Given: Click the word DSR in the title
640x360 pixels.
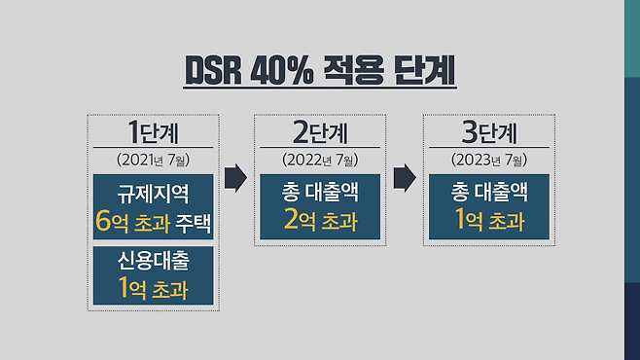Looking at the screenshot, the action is tap(213, 71).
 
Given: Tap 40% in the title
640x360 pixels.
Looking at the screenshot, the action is tap(282, 71).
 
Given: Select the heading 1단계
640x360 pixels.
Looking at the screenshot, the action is tap(153, 131).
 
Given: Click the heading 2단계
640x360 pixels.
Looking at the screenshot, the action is tap(320, 131).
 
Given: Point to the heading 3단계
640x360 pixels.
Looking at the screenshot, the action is tap(489, 131).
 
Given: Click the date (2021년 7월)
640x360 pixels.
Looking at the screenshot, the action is tap(153, 160).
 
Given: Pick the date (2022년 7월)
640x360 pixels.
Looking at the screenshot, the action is tap(320, 160).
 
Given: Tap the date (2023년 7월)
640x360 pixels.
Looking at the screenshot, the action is tap(489, 160).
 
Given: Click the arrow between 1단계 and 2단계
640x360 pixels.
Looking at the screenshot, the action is tap(235, 177).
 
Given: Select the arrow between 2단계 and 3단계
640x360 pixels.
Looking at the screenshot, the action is tap(405, 177).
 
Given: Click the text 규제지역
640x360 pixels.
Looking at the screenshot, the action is tap(153, 193).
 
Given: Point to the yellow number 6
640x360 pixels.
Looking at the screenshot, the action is tap(103, 222).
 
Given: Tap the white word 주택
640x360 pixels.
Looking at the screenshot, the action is tap(193, 222).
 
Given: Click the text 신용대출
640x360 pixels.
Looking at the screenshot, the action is tap(153, 261).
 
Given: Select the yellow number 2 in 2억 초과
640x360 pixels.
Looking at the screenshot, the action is tap(292, 219).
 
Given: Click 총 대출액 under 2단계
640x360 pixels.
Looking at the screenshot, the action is tap(320, 192).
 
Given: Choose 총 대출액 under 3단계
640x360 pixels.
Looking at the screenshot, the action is tap(489, 192).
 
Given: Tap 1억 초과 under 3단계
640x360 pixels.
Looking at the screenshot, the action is tap(489, 220).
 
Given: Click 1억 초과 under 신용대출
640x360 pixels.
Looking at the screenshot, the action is tap(153, 288).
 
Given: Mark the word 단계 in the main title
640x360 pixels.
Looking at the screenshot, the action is tap(424, 70).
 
